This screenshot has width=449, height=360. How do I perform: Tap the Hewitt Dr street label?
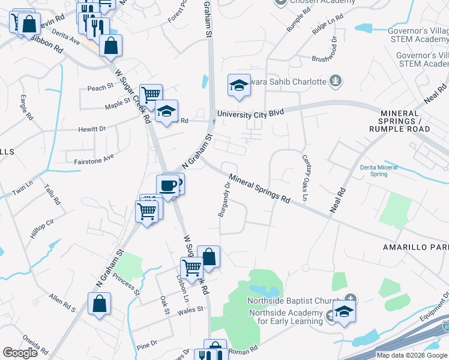click(x=91, y=128)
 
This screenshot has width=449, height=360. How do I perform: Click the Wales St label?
click(x=192, y=310)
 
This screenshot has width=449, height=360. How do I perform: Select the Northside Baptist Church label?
click(x=294, y=301)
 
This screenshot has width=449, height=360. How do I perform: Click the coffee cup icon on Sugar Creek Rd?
click(x=167, y=185)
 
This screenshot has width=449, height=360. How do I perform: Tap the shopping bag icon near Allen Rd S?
click(x=99, y=304)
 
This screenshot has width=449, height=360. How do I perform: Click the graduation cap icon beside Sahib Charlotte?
click(x=238, y=85)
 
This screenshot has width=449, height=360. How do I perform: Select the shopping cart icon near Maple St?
click(x=151, y=94)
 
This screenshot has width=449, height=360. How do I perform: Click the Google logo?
click(x=20, y=353)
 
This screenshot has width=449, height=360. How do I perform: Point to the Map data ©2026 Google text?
click(x=411, y=355)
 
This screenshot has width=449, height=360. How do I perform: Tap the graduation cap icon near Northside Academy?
click(x=344, y=312)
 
